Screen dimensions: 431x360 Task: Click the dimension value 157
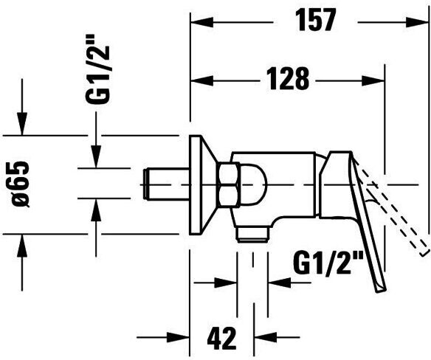coord(315,19)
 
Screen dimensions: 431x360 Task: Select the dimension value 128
coord(288,79)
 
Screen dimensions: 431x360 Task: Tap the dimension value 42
coord(222,338)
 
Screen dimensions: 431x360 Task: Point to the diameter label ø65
coord(21,184)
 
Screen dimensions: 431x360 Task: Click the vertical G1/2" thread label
coord(97,69)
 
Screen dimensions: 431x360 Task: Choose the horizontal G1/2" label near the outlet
coord(328,263)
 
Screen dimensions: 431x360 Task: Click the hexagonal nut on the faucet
coord(229,184)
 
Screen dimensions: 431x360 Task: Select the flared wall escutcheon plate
coord(203,184)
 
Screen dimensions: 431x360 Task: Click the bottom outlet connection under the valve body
coord(253,235)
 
